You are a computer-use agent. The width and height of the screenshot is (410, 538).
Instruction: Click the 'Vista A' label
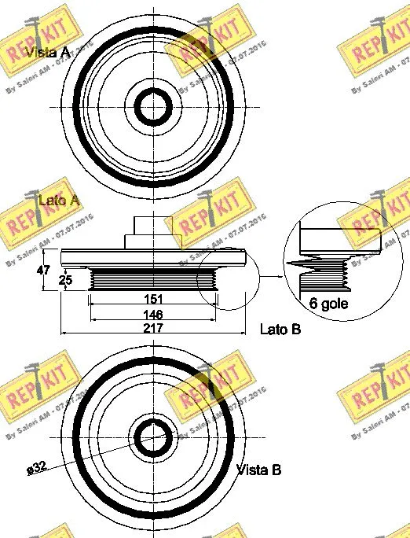[x=48, y=53]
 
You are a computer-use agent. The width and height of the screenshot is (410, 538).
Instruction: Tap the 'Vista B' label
[x=259, y=470]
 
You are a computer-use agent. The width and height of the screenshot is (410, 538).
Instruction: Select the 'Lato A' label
[x=59, y=201]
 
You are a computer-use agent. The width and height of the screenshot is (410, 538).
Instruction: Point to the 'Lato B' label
[x=280, y=330]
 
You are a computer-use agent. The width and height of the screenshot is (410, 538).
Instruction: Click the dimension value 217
[x=153, y=328]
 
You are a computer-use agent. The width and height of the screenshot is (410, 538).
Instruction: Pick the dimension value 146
[x=153, y=313]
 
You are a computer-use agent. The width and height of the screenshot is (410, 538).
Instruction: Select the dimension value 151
[x=153, y=299]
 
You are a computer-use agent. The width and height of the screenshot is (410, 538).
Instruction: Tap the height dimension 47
[x=46, y=270]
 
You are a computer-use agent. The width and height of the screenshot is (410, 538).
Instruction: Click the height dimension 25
[x=68, y=279]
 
